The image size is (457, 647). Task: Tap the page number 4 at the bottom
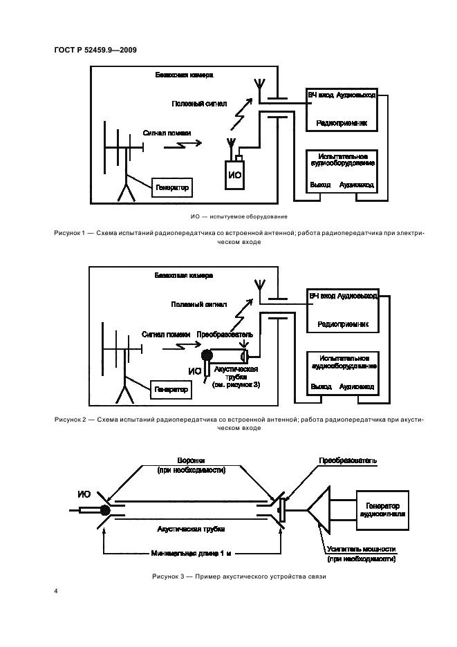[55, 592]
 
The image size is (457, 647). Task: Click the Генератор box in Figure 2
[171, 390]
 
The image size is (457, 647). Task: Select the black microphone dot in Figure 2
[206, 356]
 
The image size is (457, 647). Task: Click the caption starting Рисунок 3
[235, 576]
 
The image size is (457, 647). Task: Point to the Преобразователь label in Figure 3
[346, 459]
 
